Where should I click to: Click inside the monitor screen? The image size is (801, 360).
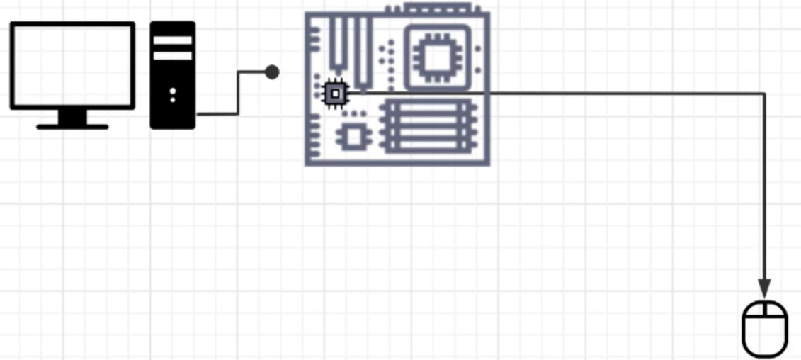pyautogui.click(x=72, y=65)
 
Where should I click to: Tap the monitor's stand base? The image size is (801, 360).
pyautogui.click(x=72, y=126)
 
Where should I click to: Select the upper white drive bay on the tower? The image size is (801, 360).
pyautogui.click(x=172, y=40)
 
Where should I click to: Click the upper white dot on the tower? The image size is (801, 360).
pyautogui.click(x=173, y=91)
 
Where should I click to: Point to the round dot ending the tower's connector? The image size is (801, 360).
pyautogui.click(x=272, y=72)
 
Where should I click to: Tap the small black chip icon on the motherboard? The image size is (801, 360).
pyautogui.click(x=335, y=93)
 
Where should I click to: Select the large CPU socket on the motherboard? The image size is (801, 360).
pyautogui.click(x=437, y=57)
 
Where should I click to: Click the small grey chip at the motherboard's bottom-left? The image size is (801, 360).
pyautogui.click(x=353, y=137)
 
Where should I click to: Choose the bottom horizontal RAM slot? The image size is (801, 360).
pyautogui.click(x=427, y=147)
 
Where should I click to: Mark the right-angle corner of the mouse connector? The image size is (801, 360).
pyautogui.click(x=764, y=93)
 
